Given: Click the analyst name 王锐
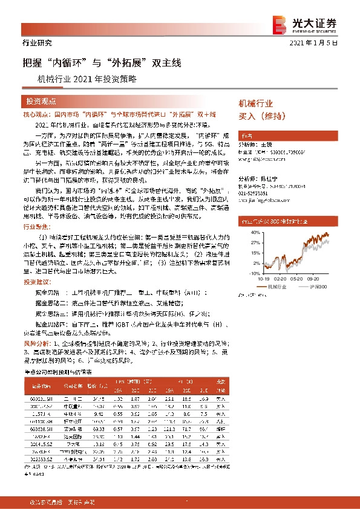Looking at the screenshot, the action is [x=264, y=145].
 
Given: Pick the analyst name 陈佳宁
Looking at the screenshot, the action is [x=267, y=180].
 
